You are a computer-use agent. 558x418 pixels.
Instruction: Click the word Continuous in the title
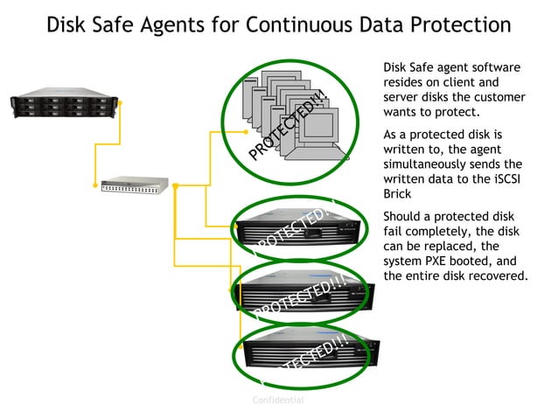[x=303, y=24]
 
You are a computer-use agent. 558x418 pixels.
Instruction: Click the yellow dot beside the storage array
[x=121, y=103]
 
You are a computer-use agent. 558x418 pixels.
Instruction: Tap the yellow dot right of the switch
[x=176, y=185]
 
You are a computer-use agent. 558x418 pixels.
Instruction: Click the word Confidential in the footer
[x=278, y=400]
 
